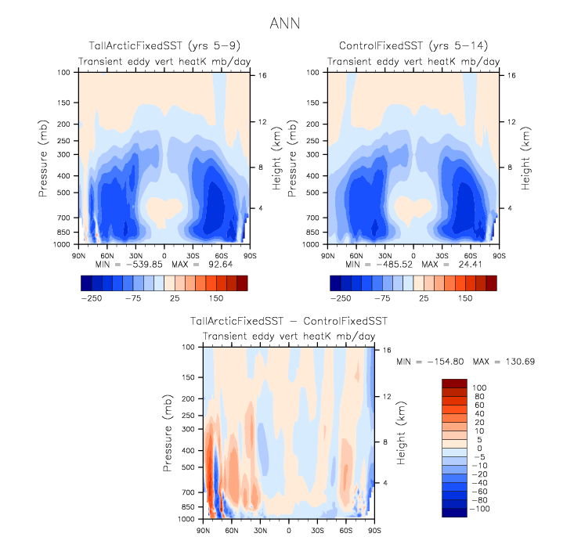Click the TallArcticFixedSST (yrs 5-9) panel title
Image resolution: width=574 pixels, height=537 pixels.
coord(164,48)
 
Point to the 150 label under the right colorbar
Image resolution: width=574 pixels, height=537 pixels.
coord(464,299)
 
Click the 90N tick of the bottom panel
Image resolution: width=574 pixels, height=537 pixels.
coord(204,530)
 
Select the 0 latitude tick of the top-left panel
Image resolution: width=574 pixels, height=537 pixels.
coord(164,255)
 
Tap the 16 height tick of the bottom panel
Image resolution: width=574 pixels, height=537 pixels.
coord(387,351)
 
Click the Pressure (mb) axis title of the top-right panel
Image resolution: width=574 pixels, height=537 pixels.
coord(291,157)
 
